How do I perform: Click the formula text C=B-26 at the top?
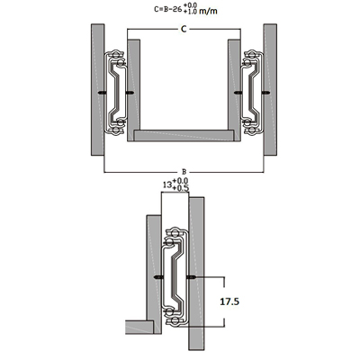pos(168,9)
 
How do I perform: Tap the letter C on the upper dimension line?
pos(184,29)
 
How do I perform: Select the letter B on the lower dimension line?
pos(184,172)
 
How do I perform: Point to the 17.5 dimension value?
pos(229,301)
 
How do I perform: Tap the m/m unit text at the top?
pos(208,11)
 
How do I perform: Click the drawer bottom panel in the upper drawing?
pos(184,136)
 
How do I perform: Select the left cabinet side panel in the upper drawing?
pos(97,90)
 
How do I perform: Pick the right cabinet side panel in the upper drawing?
pos(270,90)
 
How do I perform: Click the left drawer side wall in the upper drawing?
pos(134,90)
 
